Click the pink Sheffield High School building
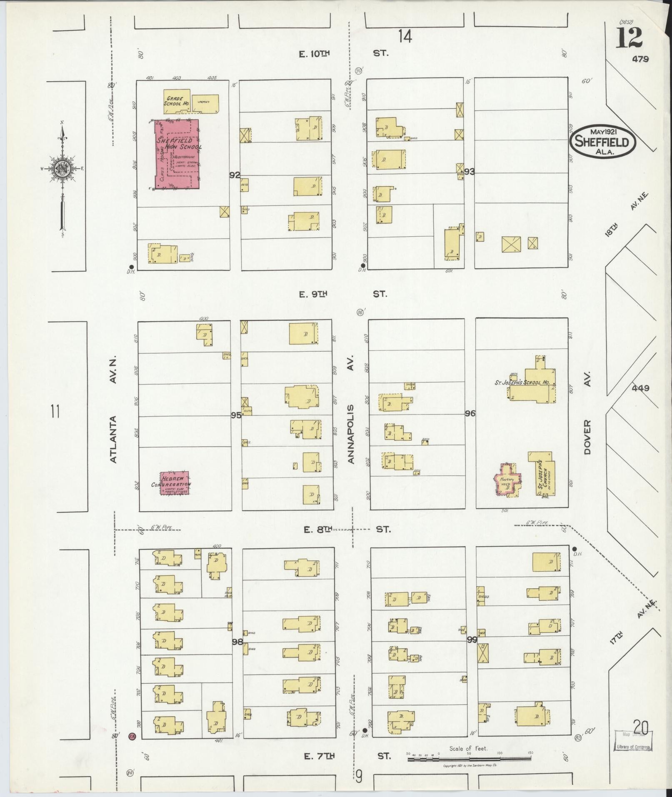pos(177,154)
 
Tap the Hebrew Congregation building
pos(175,483)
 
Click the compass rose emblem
pos(62,168)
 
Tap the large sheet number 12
pos(630,38)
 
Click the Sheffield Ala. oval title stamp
pos(602,141)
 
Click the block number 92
pos(235,175)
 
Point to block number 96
pos(470,413)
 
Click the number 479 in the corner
pos(640,59)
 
